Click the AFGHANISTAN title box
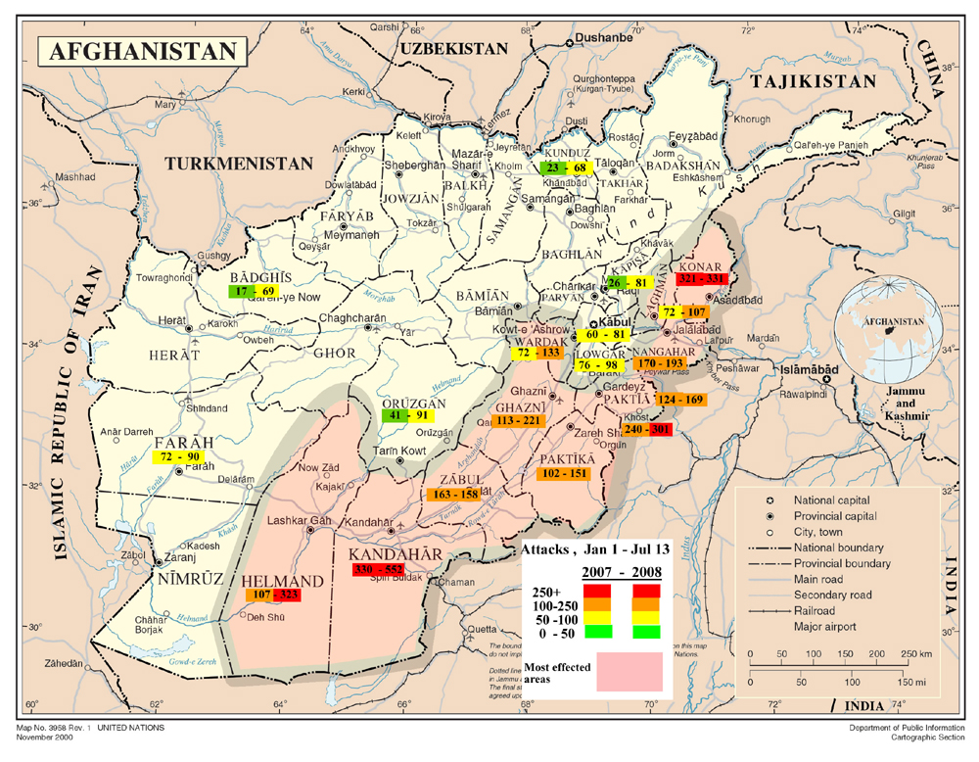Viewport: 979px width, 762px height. (x=142, y=51)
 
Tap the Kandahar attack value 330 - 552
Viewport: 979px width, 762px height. (x=394, y=570)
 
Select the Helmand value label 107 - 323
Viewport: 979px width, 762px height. (x=271, y=595)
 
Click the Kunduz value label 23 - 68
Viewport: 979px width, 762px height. (x=563, y=168)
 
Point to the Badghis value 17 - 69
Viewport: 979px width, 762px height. (x=253, y=292)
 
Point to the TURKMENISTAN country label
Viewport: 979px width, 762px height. (x=239, y=164)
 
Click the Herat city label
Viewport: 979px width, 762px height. (x=172, y=321)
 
